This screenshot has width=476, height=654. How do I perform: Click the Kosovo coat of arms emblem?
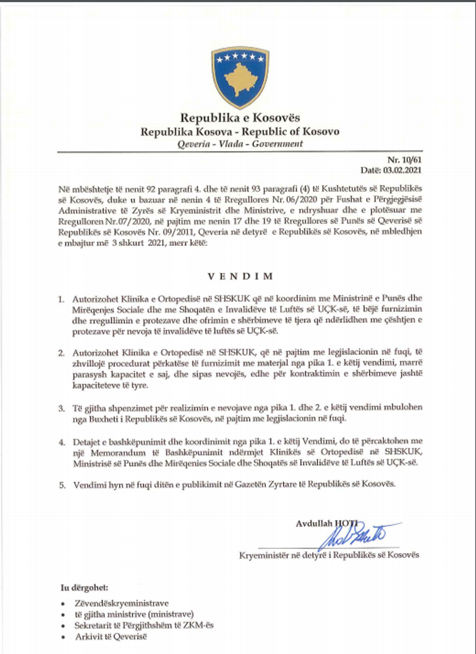tap(240, 77)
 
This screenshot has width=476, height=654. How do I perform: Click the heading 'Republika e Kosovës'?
tap(240, 118)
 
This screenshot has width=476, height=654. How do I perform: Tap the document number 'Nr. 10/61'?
tap(405, 160)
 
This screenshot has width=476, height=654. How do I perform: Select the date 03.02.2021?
tap(402, 170)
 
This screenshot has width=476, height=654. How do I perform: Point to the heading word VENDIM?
tap(240, 276)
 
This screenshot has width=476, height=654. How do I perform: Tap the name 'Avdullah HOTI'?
tap(326, 523)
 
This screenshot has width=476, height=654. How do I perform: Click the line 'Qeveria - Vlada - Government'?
tap(240, 144)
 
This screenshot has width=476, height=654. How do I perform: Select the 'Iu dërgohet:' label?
tap(84, 587)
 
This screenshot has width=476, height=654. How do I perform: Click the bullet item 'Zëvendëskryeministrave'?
tap(121, 603)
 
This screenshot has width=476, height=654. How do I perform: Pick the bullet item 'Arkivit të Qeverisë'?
tap(111, 637)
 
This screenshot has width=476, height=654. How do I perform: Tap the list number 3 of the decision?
tap(62, 408)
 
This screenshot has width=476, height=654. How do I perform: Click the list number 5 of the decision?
tap(62, 484)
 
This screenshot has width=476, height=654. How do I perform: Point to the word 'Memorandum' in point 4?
tap(118, 452)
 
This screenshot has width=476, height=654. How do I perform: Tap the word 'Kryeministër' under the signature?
tap(264, 555)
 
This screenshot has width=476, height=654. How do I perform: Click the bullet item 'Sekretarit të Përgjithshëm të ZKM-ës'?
tap(144, 625)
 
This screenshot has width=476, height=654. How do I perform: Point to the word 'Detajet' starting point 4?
tap(86, 441)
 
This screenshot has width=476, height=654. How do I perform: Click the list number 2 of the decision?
tap(62, 353)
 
